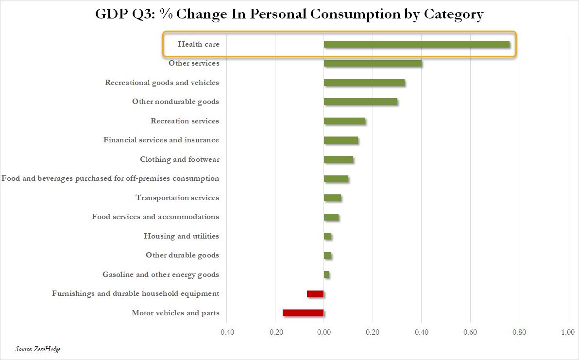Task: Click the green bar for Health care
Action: click(417, 44)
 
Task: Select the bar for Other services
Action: click(373, 63)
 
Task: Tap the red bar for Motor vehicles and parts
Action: click(303, 313)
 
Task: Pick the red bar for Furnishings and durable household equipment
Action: click(315, 294)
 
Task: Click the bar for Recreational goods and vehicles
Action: click(364, 83)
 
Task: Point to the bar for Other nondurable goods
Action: click(360, 102)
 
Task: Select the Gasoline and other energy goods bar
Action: click(326, 274)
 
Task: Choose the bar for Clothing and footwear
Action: click(339, 159)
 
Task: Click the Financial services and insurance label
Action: click(161, 140)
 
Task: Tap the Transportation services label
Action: click(177, 198)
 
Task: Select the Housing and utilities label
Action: click(181, 236)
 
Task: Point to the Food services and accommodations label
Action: click(155, 217)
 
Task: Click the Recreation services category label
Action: click(185, 121)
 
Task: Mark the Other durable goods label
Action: click(182, 255)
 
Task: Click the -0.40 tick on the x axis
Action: click(225, 332)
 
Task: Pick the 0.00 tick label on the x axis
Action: click(324, 332)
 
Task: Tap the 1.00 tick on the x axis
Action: click(568, 332)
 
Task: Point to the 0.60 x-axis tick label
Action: click(470, 332)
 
